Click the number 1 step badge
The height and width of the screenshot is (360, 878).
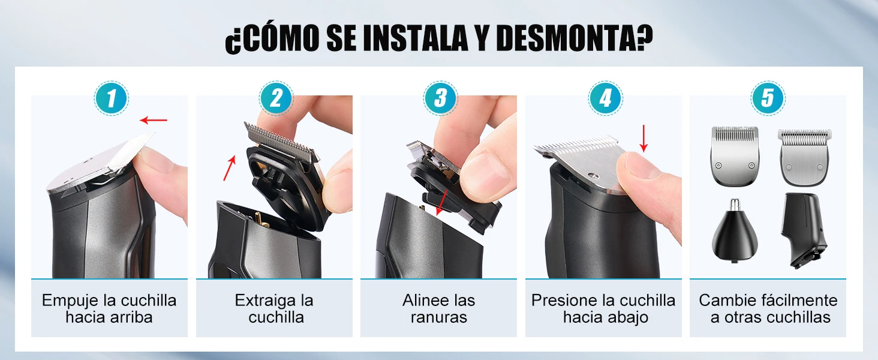point(112,98)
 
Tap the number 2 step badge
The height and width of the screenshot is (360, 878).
point(276,98)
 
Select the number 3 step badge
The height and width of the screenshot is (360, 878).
point(441,98)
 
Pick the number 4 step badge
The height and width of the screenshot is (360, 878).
point(605,98)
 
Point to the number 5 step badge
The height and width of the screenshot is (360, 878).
point(768,98)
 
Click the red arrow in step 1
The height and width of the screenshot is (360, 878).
point(154,120)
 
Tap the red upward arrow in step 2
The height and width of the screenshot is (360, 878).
point(230,168)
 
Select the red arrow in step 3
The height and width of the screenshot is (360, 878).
point(442,203)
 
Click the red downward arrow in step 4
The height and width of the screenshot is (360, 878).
point(644,139)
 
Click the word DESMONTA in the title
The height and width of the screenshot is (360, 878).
point(566,38)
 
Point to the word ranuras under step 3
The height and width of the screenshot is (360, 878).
point(438,317)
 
